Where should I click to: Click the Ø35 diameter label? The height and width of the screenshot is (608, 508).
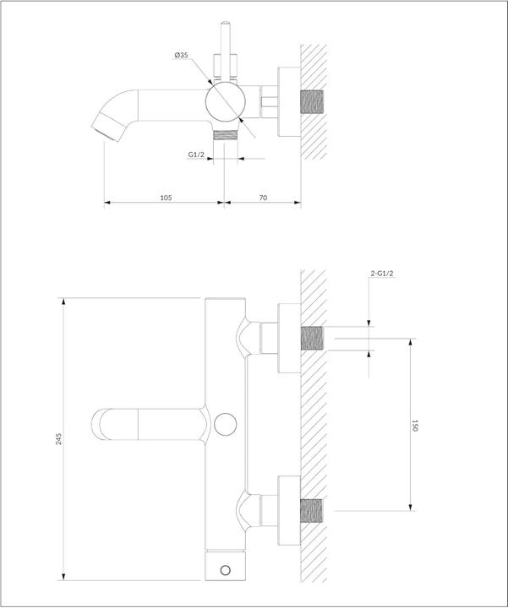tap(181, 56)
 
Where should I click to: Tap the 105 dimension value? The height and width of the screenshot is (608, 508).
tap(166, 197)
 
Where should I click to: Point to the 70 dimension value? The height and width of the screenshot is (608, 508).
tap(263, 197)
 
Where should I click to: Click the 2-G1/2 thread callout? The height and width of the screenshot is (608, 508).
tap(384, 273)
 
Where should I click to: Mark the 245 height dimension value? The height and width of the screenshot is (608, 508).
tap(58, 439)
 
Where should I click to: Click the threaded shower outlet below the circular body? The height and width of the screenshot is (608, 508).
tap(225, 134)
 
